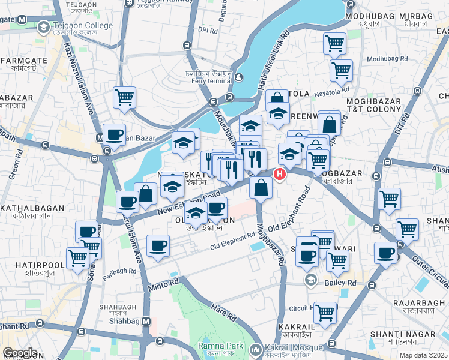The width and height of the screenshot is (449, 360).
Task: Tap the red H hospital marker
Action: pos(279,174)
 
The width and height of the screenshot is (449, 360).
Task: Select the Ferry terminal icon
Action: pos(239,77)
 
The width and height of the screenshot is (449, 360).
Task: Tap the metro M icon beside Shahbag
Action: pos(146,322)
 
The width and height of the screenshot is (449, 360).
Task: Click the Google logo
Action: pos(20,353)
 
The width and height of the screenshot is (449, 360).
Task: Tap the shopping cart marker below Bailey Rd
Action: pos(325,312)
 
